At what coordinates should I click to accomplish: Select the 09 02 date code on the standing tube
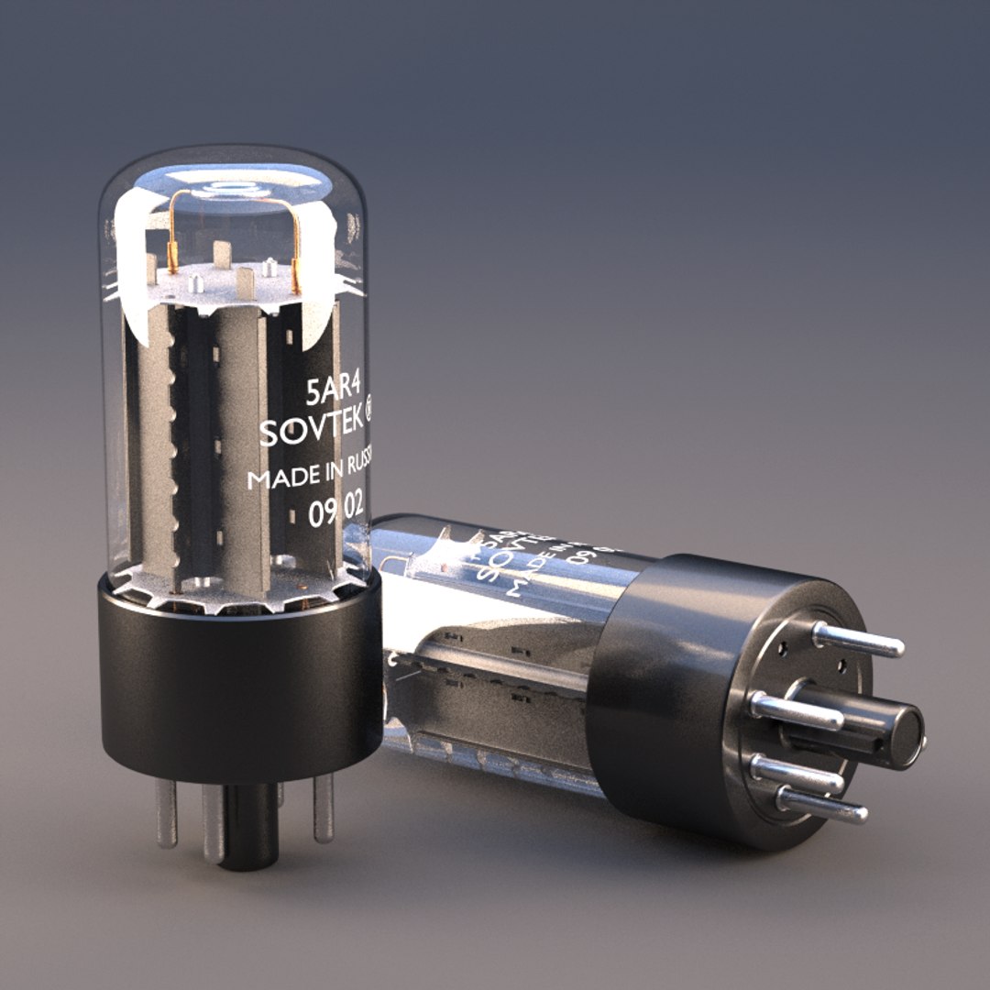click(x=336, y=513)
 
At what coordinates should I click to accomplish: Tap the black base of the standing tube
click(x=240, y=687)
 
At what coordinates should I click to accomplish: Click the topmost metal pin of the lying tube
click(x=857, y=640)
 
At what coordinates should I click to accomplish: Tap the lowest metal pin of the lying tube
click(x=820, y=805)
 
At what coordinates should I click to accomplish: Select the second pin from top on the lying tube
click(x=796, y=711)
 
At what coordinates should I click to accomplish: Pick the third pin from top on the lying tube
click(x=796, y=773)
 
